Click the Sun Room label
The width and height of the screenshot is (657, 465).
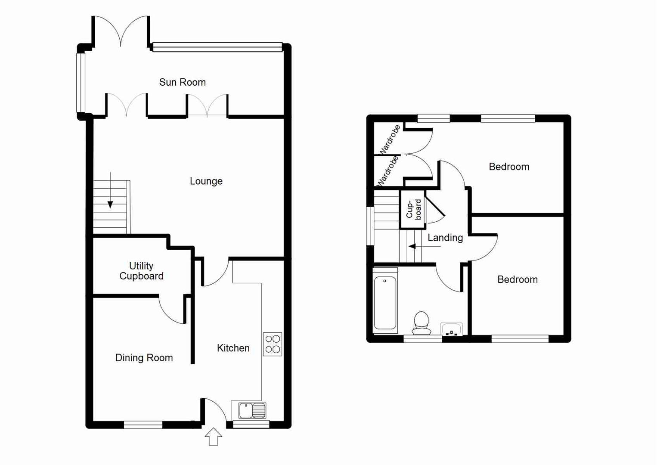point(182,82)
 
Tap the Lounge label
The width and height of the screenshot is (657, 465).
point(206,181)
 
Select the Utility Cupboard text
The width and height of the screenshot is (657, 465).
point(141,271)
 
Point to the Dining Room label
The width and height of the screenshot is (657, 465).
point(144,358)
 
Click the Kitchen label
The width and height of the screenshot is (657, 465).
point(233,348)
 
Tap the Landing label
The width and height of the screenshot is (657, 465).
point(445,238)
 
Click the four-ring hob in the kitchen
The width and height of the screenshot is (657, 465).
point(273,344)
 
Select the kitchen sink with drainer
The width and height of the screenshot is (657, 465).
point(252,410)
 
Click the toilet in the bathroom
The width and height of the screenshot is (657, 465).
point(421,323)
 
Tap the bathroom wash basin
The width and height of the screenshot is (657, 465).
point(451,329)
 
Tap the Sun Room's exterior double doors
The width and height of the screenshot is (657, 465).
point(121,31)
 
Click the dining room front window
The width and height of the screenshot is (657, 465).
point(143,425)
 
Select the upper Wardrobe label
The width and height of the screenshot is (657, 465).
point(390,139)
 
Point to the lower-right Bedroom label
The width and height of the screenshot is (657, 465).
point(517,280)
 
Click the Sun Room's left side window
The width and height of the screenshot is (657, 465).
point(81,82)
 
